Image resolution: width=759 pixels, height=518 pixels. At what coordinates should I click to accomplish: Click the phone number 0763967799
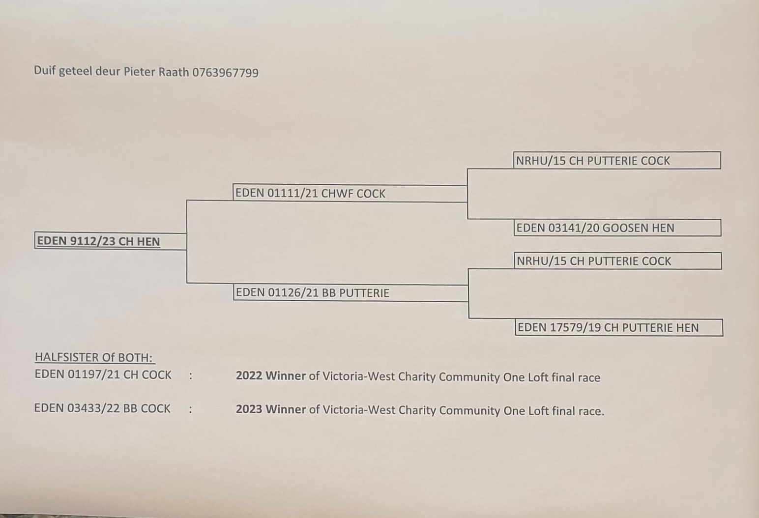pyautogui.click(x=225, y=73)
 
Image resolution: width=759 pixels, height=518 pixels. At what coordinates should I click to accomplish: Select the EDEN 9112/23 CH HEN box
pyautogui.click(x=110, y=241)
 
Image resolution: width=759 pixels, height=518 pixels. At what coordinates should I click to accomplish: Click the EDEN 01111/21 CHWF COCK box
pyautogui.click(x=350, y=194)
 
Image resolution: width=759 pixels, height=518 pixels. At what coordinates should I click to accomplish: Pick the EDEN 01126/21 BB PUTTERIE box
pyautogui.click(x=350, y=293)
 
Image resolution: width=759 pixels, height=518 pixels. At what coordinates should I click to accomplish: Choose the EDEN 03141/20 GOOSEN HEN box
pyautogui.click(x=617, y=228)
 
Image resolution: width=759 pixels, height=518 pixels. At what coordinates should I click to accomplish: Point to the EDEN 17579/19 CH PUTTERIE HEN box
pyautogui.click(x=619, y=328)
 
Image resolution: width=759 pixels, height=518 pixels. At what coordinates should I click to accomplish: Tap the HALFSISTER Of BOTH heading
pyautogui.click(x=94, y=357)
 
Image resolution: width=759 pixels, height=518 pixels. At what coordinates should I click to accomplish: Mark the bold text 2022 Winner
pyautogui.click(x=271, y=376)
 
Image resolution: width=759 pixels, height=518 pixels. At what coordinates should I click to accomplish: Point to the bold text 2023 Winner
pyautogui.click(x=271, y=409)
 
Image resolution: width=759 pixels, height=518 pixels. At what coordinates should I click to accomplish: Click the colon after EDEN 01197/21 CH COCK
pyautogui.click(x=190, y=376)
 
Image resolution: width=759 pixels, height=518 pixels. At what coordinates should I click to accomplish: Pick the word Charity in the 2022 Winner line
pyautogui.click(x=417, y=377)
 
